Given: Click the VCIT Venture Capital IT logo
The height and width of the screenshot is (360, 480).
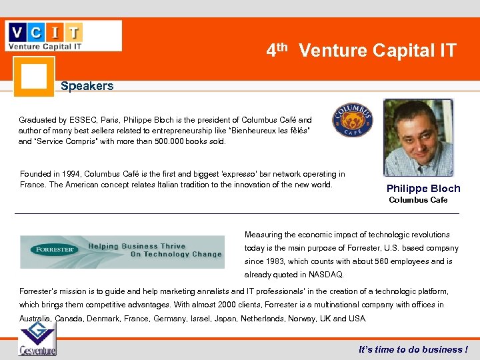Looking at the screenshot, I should [63, 36].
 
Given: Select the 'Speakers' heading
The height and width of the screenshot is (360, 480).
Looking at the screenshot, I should [87, 86].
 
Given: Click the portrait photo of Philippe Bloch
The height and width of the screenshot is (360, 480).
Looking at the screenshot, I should [418, 138].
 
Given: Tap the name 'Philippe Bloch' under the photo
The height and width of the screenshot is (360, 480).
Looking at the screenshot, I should [423, 189].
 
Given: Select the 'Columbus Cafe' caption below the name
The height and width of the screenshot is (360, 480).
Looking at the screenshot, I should [418, 200].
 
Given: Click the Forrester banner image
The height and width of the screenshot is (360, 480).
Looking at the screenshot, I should [122, 251].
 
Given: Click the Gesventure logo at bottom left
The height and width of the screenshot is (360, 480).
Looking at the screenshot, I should [37, 339].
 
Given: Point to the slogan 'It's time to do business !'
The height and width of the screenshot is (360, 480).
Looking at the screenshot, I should [413, 349].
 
